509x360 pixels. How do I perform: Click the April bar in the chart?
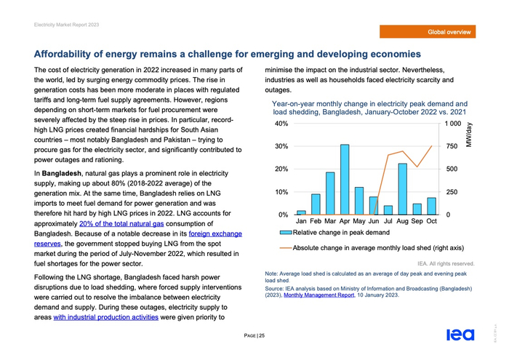(345, 180)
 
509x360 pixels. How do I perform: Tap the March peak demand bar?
(330, 193)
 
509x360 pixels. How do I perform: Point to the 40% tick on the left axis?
(281, 124)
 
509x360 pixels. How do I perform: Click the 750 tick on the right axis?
(452, 146)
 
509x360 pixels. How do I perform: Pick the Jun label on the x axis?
(374, 221)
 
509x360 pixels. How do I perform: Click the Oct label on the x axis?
(431, 221)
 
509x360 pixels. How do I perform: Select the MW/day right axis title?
(469, 135)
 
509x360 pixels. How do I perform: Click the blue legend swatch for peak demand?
(286, 233)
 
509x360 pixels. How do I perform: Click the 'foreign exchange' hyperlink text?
(215, 235)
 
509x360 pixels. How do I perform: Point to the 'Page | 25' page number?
(254, 335)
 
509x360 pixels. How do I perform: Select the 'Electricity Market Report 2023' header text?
(66, 25)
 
